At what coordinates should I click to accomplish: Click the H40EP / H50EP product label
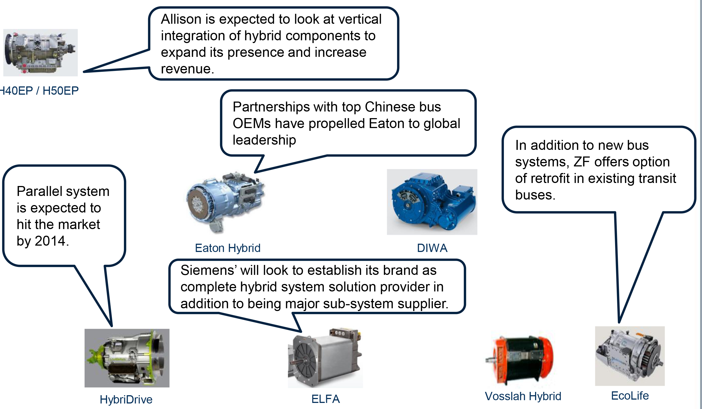click(39, 91)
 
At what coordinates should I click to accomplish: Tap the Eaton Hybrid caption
click(228, 248)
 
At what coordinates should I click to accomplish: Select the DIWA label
click(432, 248)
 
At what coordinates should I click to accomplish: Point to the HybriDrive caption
click(126, 400)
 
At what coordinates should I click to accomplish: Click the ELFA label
click(325, 399)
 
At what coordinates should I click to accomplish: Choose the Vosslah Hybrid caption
click(523, 396)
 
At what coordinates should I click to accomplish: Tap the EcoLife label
click(630, 396)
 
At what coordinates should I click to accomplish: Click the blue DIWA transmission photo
click(432, 202)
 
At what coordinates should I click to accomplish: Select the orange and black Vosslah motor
click(520, 360)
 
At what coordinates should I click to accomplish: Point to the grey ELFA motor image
click(325, 358)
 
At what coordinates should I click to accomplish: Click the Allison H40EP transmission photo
click(40, 53)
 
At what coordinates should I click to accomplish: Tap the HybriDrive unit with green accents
click(127, 358)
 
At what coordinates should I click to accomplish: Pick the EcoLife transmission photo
click(630, 356)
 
